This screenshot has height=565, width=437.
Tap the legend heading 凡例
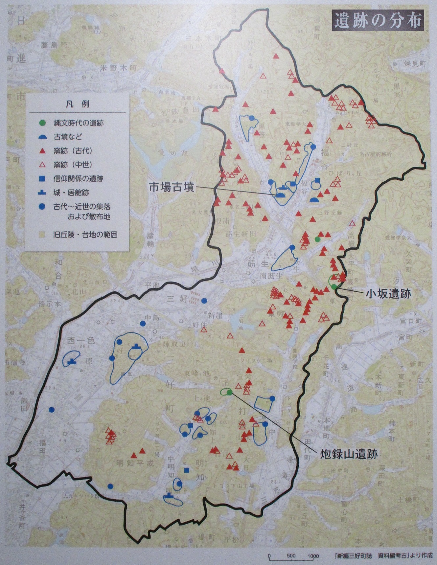(x=78, y=104)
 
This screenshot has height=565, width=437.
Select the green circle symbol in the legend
(x=42, y=123)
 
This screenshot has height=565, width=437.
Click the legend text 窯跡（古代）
(x=73, y=151)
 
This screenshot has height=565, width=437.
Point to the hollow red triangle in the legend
(x=42, y=165)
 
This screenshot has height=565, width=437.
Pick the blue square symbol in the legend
(x=42, y=179)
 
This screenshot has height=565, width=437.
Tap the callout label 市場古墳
(x=172, y=187)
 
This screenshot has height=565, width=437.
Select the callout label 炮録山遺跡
(x=349, y=454)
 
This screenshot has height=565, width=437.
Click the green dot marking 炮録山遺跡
(x=229, y=391)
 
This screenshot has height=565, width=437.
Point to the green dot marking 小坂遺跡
(x=334, y=287)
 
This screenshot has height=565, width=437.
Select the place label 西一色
(x=81, y=341)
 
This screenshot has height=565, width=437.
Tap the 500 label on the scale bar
(x=291, y=556)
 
